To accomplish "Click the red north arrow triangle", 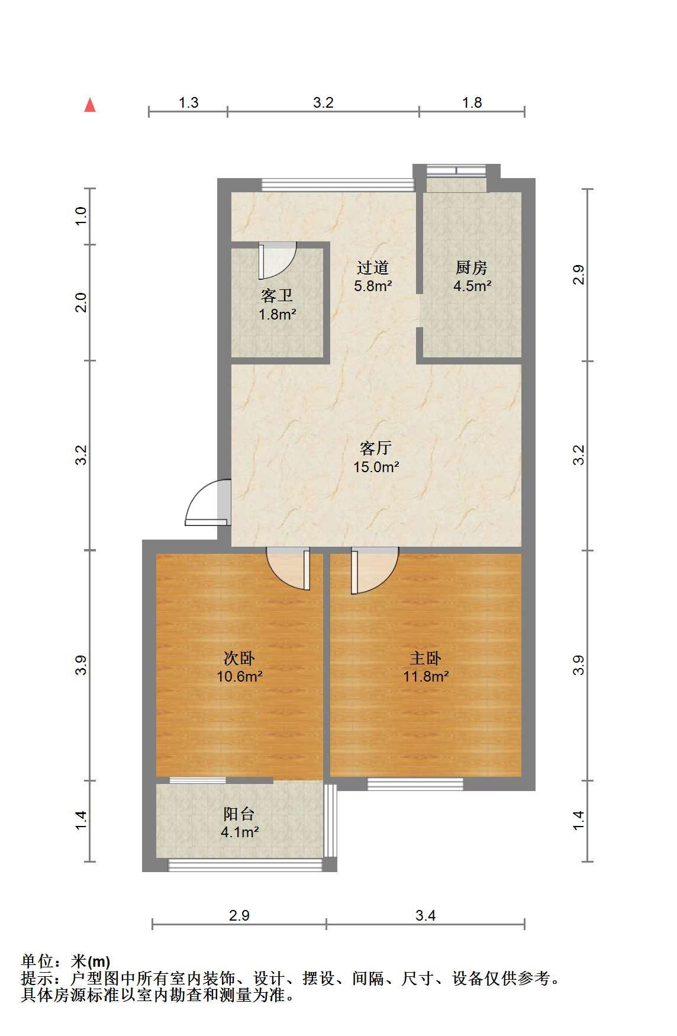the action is pos(90,105).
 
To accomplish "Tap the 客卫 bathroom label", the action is pos(277,295).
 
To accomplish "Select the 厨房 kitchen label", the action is pos(472,268).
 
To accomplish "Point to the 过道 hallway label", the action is pos(373,268).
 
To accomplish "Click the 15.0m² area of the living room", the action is pos(376,467).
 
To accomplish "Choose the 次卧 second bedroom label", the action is pos(240,658).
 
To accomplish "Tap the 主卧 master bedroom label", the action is pos(425,658).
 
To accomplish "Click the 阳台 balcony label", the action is pos(239,814).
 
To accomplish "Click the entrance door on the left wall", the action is pos(207,502).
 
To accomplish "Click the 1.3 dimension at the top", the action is pos(189,102).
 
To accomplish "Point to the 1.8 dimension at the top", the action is pos(472,102).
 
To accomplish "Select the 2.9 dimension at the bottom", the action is pos(239,915).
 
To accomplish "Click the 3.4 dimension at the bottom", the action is pos(425,915).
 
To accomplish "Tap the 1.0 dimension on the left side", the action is pos(82,214).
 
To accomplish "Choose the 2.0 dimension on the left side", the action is pos(82,302).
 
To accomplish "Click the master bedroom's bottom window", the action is pos(415,784).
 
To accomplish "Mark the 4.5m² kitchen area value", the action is pos(472,286).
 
